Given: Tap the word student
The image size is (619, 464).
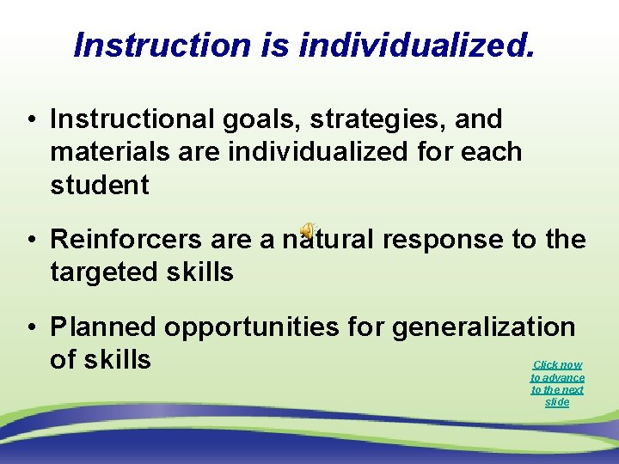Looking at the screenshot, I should click(x=100, y=185).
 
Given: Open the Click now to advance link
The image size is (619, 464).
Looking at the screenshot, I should click(x=557, y=383).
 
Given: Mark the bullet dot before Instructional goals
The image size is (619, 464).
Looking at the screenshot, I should click(x=30, y=120).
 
